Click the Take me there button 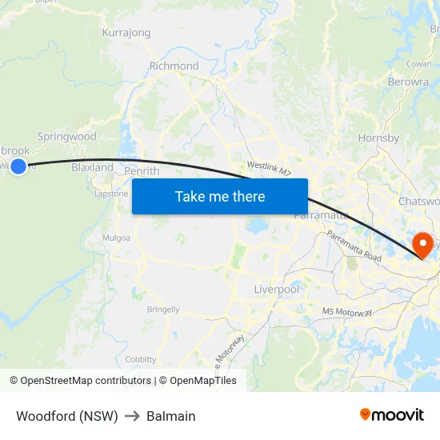(x=220, y=196)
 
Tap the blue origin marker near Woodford (x=18, y=166)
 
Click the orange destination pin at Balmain (x=421, y=243)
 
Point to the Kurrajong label (x=126, y=33)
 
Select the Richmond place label (x=174, y=66)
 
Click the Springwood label (x=66, y=137)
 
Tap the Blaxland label (x=93, y=167)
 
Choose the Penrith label (x=142, y=170)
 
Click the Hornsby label (x=378, y=138)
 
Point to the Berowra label (x=408, y=82)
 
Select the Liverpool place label (x=276, y=288)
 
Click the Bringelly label (x=163, y=310)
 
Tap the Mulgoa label (x=116, y=238)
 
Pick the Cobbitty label (x=141, y=360)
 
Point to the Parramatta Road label (x=354, y=245)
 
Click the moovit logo (x=392, y=414)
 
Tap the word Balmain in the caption (x=170, y=416)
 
